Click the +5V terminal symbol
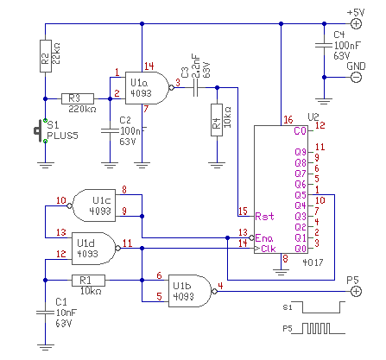pyautogui.click(x=356, y=23)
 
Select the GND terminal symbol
pyautogui.click(x=356, y=77)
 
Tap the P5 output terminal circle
pyautogui.click(x=356, y=291)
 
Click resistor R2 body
pyautogui.click(x=46, y=56)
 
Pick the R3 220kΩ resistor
pyautogui.click(x=78, y=98)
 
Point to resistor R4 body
pyautogui.click(x=217, y=120)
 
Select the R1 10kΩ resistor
pyautogui.click(x=88, y=281)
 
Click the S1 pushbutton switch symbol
pyautogui.click(x=41, y=131)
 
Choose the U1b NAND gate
pyautogui.click(x=190, y=291)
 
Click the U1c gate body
pyautogui.click(x=93, y=205)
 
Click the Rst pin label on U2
pyautogui.click(x=264, y=216)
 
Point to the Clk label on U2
pyautogui.click(x=269, y=249)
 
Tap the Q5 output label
pyautogui.click(x=301, y=195)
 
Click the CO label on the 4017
pyautogui.click(x=300, y=131)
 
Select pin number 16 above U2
pyautogui.click(x=288, y=120)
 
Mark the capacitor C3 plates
pyautogui.click(x=195, y=88)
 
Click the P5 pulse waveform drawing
pyautogui.click(x=319, y=328)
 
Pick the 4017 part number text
pyautogui.click(x=313, y=262)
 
